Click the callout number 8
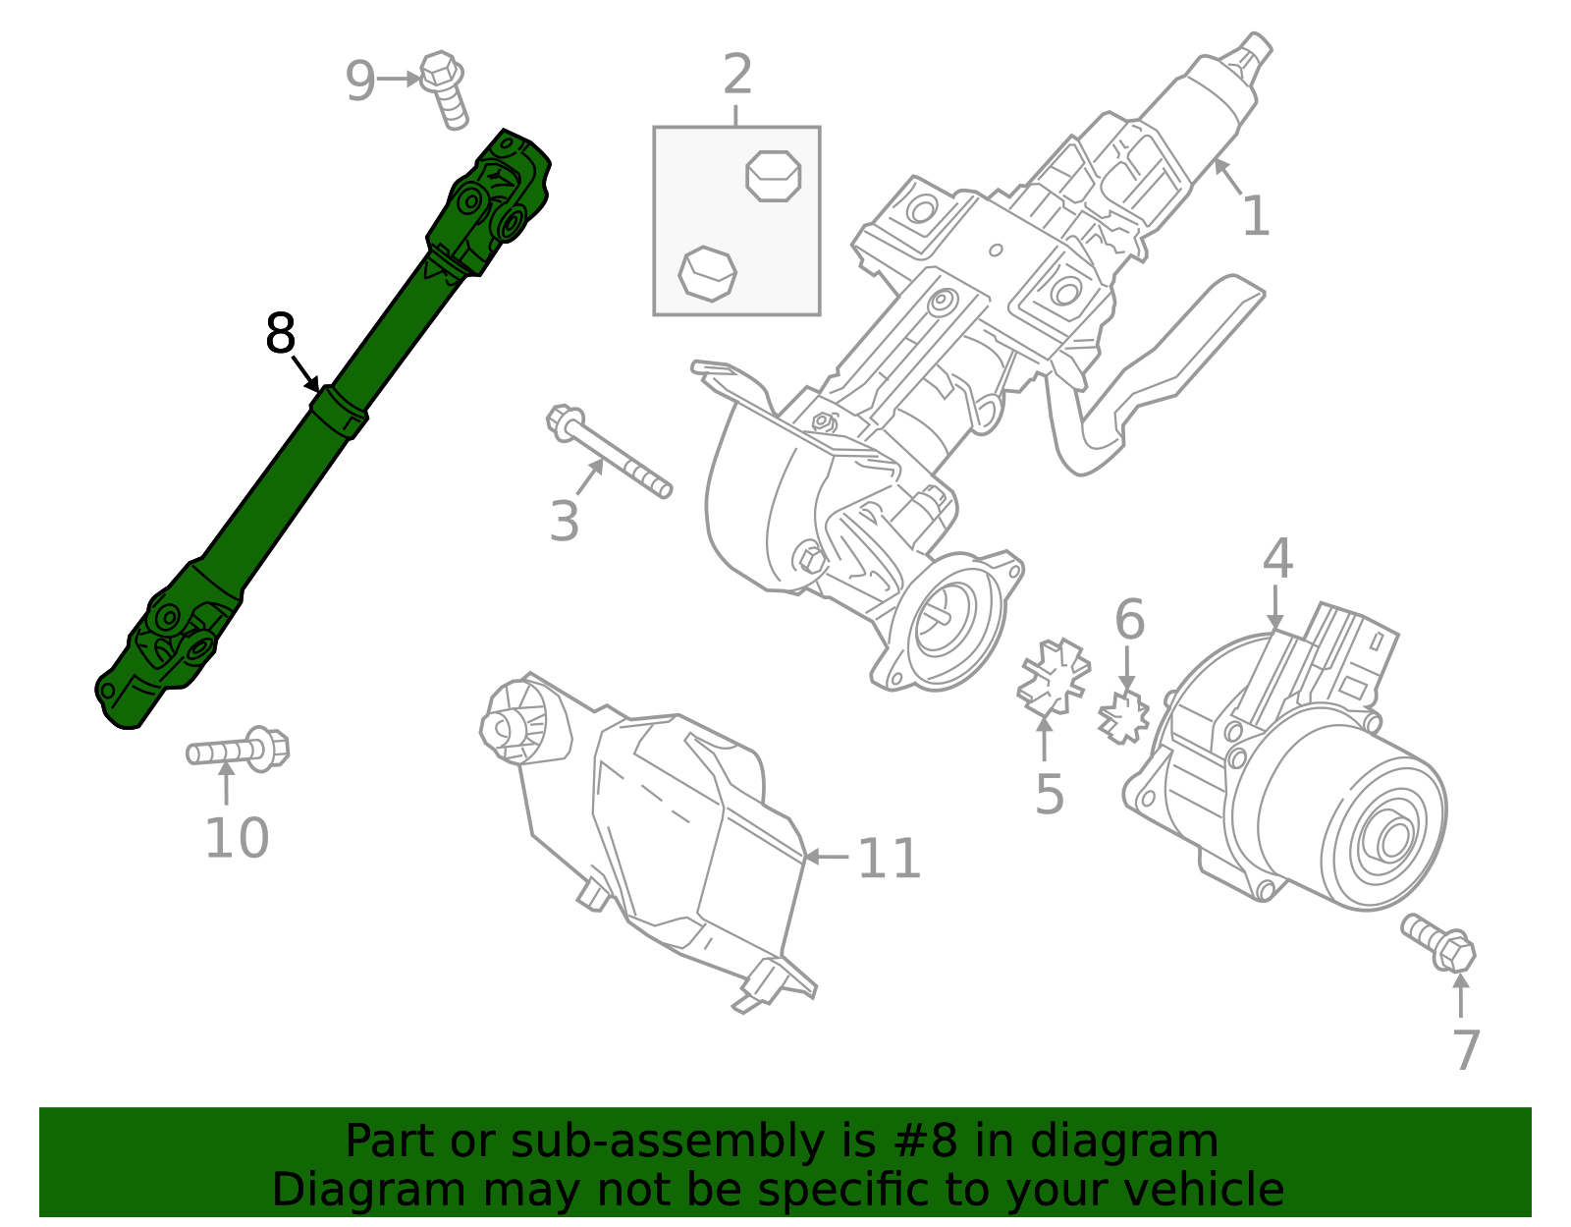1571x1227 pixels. (x=281, y=334)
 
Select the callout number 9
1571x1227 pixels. (x=360, y=81)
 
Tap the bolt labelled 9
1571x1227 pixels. (x=444, y=88)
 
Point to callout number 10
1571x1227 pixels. (x=237, y=838)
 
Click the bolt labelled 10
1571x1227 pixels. (x=239, y=752)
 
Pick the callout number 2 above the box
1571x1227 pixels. (x=737, y=75)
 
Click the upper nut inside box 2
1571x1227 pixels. (x=774, y=176)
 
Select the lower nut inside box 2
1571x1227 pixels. (x=707, y=272)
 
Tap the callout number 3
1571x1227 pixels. (x=565, y=521)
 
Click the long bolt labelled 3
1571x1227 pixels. (x=609, y=456)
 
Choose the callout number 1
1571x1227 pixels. (x=1256, y=216)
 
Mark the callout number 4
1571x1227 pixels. (x=1276, y=559)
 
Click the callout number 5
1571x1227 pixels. (x=1049, y=794)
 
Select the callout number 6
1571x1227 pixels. (x=1129, y=620)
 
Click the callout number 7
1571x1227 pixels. (x=1465, y=1050)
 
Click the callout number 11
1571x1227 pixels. (x=889, y=859)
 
